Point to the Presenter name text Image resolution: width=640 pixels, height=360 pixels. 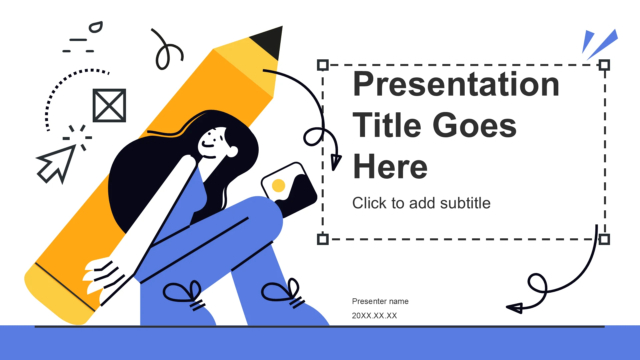[380, 301]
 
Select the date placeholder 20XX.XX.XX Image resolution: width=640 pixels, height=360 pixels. [374, 316]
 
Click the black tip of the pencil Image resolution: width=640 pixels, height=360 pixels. [268, 42]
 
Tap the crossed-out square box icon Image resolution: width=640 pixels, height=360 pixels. [109, 105]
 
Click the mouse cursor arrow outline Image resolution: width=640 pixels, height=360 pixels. [55, 163]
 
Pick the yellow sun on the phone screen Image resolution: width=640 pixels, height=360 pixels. [279, 186]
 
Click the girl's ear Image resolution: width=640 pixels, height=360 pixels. [232, 152]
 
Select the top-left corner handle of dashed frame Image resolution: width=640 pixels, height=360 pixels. [323, 65]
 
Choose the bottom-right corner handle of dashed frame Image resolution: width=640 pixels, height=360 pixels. [604, 239]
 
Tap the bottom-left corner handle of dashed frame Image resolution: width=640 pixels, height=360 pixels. [323, 239]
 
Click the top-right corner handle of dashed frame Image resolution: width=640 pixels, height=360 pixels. [604, 65]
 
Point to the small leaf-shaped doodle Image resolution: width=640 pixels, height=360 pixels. [96, 27]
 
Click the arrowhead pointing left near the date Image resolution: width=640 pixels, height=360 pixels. [515, 308]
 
